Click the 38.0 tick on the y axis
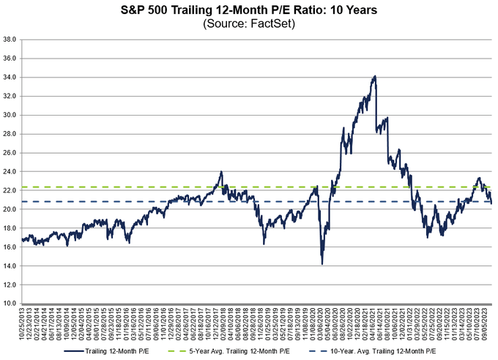click(x=10, y=39)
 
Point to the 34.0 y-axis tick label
click(x=10, y=77)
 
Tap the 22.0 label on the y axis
click(x=10, y=190)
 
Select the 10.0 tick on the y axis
click(x=10, y=303)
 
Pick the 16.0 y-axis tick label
click(x=10, y=247)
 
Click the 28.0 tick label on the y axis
click(x=10, y=133)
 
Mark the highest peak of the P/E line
click(x=375, y=75)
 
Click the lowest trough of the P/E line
click(x=322, y=263)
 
